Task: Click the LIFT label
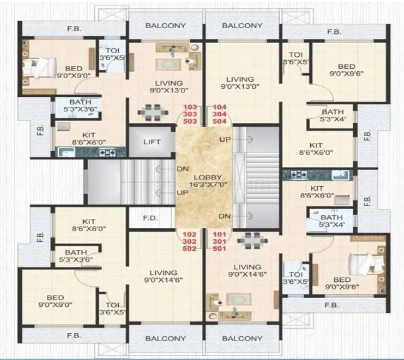pyautogui.click(x=151, y=142)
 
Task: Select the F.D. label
pyautogui.click(x=150, y=219)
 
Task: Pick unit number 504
pyautogui.click(x=221, y=121)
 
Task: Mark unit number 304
pyautogui.click(x=221, y=114)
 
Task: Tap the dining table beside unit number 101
pyautogui.click(x=253, y=240)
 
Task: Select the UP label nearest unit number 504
pyautogui.click(x=223, y=139)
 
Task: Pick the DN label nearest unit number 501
pyautogui.click(x=223, y=216)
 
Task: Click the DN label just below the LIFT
pyautogui.click(x=183, y=169)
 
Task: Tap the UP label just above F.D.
pyautogui.click(x=183, y=192)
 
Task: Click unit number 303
pyautogui.click(x=190, y=114)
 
